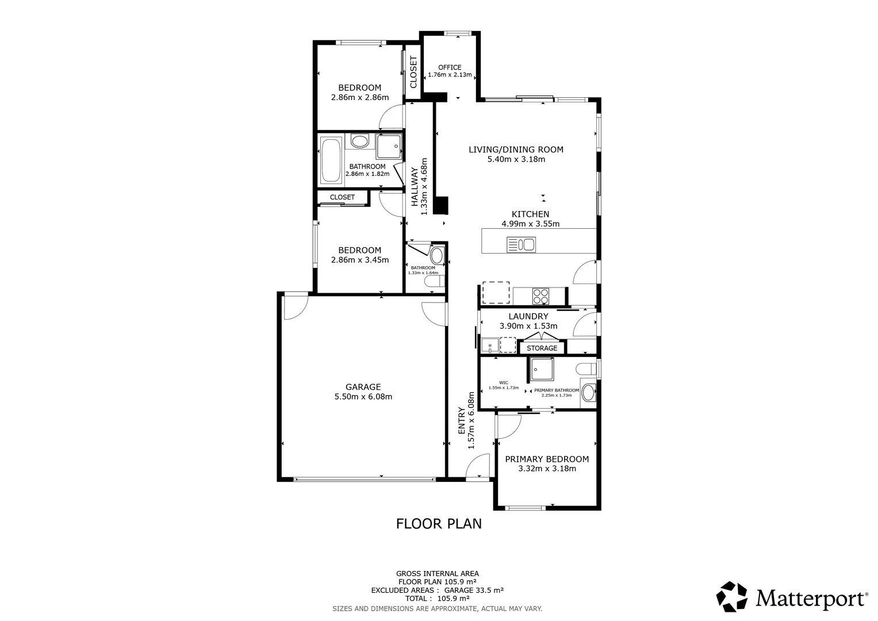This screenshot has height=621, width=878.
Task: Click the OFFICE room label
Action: [x=450, y=67]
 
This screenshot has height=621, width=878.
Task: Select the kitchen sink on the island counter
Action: [x=521, y=245]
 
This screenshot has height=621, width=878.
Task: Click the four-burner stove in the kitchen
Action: [x=540, y=296]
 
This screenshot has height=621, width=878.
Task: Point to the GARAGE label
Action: [x=363, y=387]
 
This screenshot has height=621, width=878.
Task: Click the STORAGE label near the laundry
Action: [x=542, y=348]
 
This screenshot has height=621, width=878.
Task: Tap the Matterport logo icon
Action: [x=731, y=597]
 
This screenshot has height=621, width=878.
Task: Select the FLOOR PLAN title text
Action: [x=439, y=524]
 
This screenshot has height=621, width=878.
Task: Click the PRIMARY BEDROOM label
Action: [x=547, y=459]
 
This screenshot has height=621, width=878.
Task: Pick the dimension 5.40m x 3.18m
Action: [x=516, y=159]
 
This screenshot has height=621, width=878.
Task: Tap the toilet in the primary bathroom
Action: [x=588, y=368]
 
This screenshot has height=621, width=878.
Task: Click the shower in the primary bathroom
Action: [x=542, y=369]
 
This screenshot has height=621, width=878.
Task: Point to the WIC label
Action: [x=503, y=382]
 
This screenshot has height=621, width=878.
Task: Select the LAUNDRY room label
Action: [x=528, y=316]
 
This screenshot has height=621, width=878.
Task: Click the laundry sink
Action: [x=490, y=345]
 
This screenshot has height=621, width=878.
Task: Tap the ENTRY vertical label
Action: [x=461, y=420]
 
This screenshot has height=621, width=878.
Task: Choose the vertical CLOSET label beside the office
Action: [x=413, y=72]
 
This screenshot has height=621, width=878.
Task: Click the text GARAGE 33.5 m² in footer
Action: [x=474, y=590]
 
